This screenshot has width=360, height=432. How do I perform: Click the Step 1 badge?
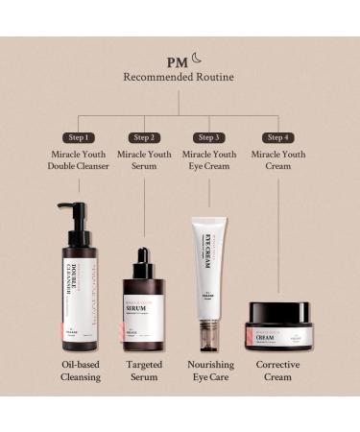tap(79, 137)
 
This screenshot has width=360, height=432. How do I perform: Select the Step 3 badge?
tap(211, 137)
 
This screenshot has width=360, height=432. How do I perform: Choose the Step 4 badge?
tap(278, 137)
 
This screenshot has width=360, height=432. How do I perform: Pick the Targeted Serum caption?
tap(144, 371)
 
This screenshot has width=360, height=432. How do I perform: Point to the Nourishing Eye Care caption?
tap(211, 371)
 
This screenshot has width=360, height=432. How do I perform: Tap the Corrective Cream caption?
tap(279, 371)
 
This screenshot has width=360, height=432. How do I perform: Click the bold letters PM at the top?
tap(176, 62)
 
